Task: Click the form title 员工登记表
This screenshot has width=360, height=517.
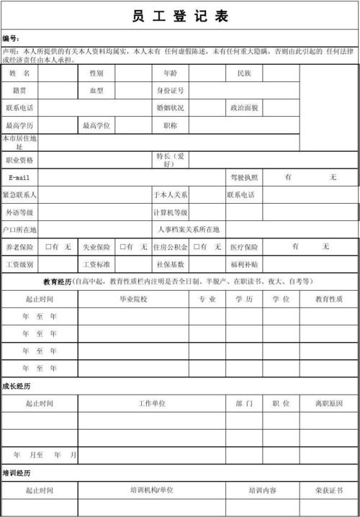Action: point(181,18)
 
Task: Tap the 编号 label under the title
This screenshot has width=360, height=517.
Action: point(11,38)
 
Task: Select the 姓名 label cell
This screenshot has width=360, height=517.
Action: point(19,73)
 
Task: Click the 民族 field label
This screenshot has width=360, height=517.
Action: point(243,73)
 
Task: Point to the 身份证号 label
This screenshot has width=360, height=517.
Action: point(171,91)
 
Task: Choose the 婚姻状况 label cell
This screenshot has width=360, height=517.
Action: point(171,108)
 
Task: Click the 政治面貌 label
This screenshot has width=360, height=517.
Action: point(243,108)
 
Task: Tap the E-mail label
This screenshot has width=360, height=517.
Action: point(19,177)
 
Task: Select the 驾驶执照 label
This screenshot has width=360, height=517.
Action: point(243,177)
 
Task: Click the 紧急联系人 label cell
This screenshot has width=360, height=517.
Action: point(19,195)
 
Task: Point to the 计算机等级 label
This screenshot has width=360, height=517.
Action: point(171,212)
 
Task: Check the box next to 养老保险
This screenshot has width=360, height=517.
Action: point(49,247)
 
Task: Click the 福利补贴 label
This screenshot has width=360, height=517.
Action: point(243,264)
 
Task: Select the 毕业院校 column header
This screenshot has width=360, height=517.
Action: point(133,300)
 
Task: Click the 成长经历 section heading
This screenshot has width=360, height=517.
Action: point(16,386)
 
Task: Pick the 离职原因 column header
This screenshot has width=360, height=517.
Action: point(329,404)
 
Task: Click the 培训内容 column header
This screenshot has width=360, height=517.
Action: point(262,490)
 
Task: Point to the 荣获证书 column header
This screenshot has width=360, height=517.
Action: point(329,490)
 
